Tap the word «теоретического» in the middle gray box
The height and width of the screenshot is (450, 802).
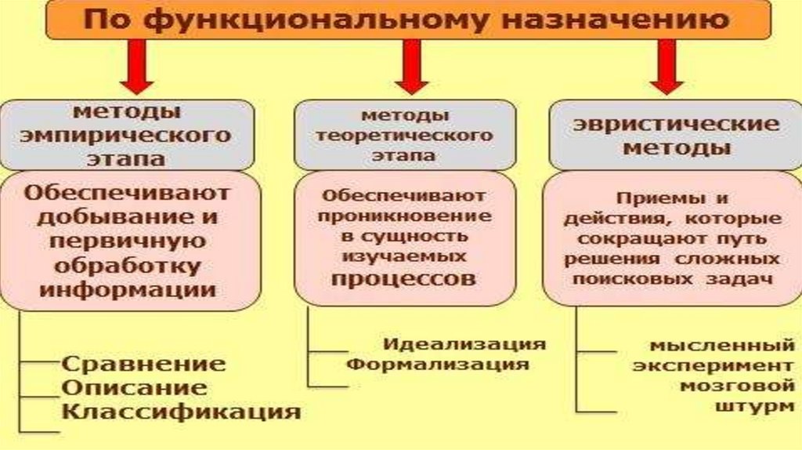click(404, 135)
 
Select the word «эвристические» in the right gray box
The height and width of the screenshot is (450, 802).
click(675, 124)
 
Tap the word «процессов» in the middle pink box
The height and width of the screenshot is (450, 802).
click(403, 278)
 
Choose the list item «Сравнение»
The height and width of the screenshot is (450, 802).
click(143, 364)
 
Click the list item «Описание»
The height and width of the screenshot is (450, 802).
click(134, 387)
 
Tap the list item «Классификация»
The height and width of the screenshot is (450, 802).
click(181, 411)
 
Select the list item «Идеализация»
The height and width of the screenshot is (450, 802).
click(464, 344)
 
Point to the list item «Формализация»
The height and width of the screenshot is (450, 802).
click(439, 364)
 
